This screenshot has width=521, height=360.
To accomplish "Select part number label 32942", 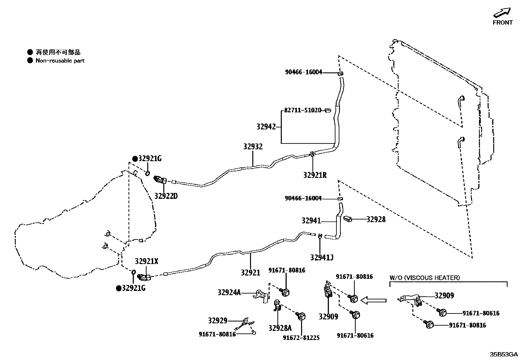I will (x=266, y=127).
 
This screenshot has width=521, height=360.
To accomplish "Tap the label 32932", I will (x=253, y=147).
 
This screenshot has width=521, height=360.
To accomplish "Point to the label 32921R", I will (x=315, y=175).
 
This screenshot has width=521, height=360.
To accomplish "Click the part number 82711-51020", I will (x=303, y=110).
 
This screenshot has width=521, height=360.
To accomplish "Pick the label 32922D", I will (x=166, y=196).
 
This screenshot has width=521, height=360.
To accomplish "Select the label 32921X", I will (x=147, y=261).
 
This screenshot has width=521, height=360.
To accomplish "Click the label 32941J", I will (x=322, y=257).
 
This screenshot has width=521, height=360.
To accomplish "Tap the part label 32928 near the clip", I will (x=376, y=219).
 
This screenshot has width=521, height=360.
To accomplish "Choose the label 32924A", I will (x=229, y=292).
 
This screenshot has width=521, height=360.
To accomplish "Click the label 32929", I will (x=218, y=320).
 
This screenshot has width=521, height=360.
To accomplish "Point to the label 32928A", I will (x=280, y=328).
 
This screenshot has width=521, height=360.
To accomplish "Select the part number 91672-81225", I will (x=301, y=338).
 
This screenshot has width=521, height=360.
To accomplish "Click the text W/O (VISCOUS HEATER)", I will (x=424, y=278).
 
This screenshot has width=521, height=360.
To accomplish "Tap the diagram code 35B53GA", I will (x=504, y=354).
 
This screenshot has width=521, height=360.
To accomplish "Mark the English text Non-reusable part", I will (x=60, y=61).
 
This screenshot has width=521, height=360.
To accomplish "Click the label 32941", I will (x=311, y=221).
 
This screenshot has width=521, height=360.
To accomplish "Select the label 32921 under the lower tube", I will (x=250, y=272).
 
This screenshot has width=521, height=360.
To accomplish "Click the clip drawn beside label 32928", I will (x=347, y=218).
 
